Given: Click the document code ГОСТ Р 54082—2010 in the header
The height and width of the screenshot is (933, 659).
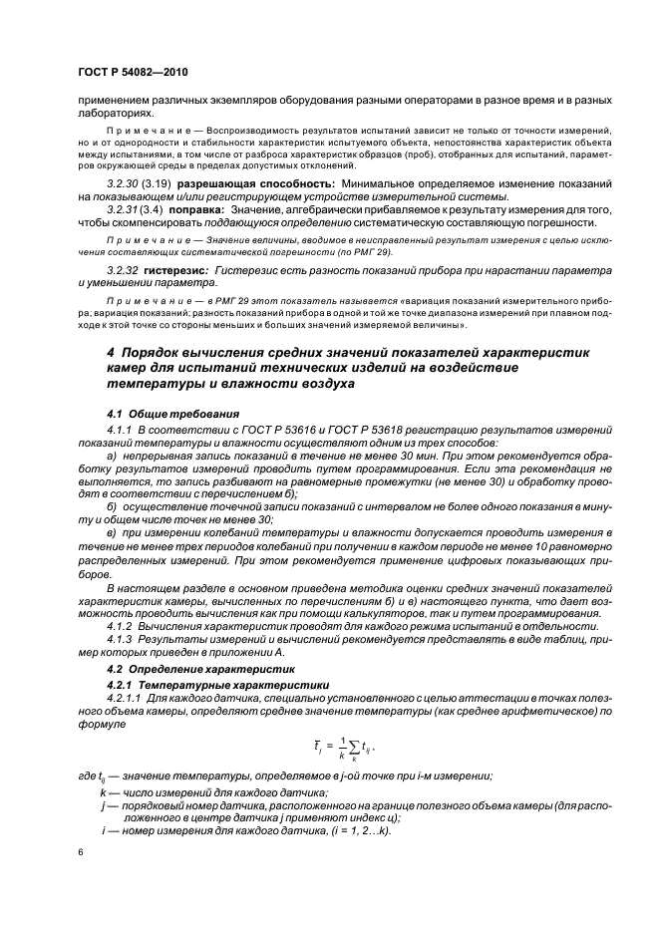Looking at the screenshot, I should [x=132, y=73].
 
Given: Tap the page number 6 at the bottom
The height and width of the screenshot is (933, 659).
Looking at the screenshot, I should [x=82, y=852].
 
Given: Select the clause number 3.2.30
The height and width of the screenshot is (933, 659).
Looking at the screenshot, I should [x=124, y=185].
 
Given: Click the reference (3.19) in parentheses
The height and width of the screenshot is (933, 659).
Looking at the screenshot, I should [x=161, y=185].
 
